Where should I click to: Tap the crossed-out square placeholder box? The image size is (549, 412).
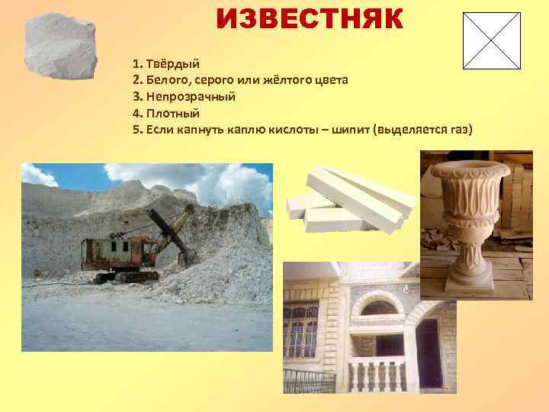pyautogui.click(x=491, y=40)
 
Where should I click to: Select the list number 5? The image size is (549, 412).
pyautogui.click(x=136, y=130)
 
